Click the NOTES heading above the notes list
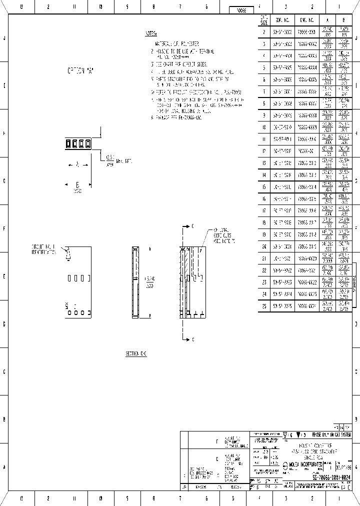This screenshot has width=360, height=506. [150, 34]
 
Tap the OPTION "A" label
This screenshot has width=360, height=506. [80, 70]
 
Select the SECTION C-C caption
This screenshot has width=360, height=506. [135, 353]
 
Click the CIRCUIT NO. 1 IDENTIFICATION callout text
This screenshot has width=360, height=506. [44, 249]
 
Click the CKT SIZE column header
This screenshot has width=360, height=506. [264, 20]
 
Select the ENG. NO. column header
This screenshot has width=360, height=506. [306, 20]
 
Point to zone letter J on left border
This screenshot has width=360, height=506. [5, 38]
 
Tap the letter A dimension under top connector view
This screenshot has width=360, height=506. [77, 164]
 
